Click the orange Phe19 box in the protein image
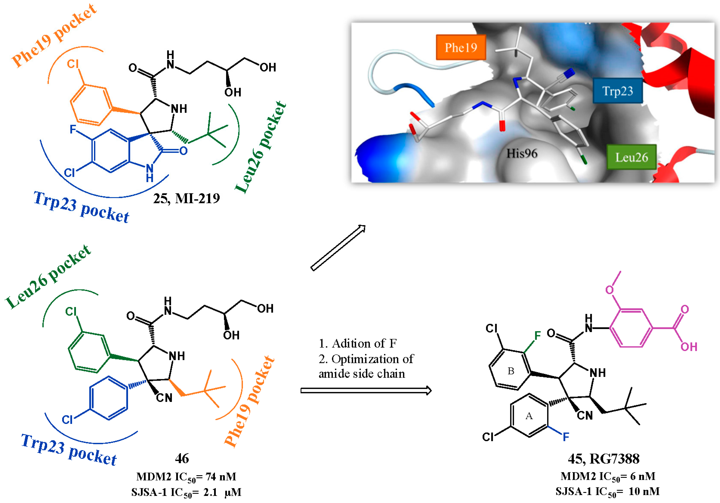[x=461, y=47]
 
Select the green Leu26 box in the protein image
[x=631, y=157]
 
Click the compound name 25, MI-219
[x=186, y=198]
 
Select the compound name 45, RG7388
[x=603, y=459]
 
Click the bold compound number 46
[x=182, y=458]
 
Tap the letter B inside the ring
[x=511, y=371]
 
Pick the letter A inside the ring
[x=529, y=416]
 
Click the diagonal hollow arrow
[x=338, y=248]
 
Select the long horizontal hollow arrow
[x=366, y=391]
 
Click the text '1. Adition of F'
[x=358, y=344]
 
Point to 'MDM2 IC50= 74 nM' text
[x=186, y=477]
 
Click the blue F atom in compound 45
[x=566, y=437]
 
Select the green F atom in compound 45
[x=538, y=336]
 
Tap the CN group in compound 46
[x=164, y=398]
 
